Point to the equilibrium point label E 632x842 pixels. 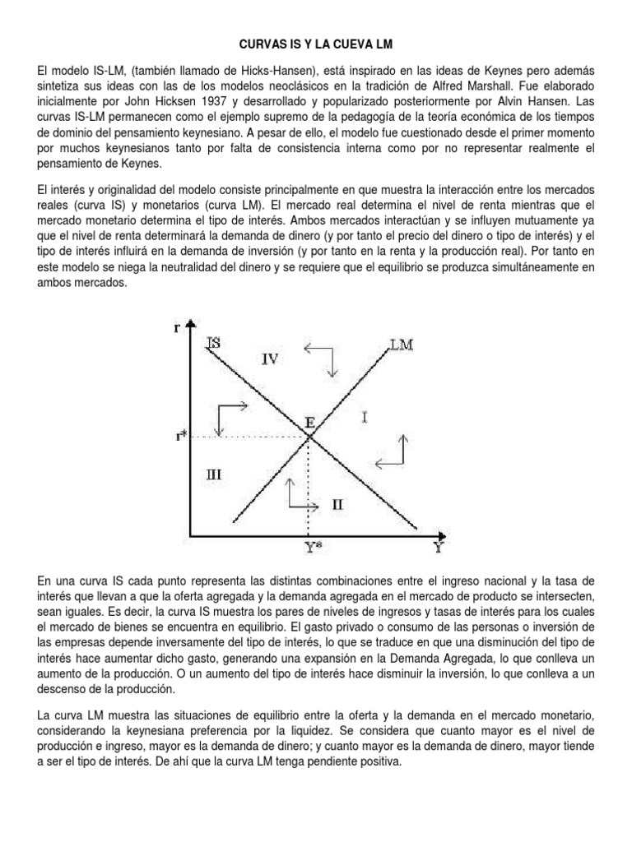[x=309, y=423]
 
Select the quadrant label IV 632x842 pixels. [x=272, y=358]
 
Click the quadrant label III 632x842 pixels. [x=213, y=474]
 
